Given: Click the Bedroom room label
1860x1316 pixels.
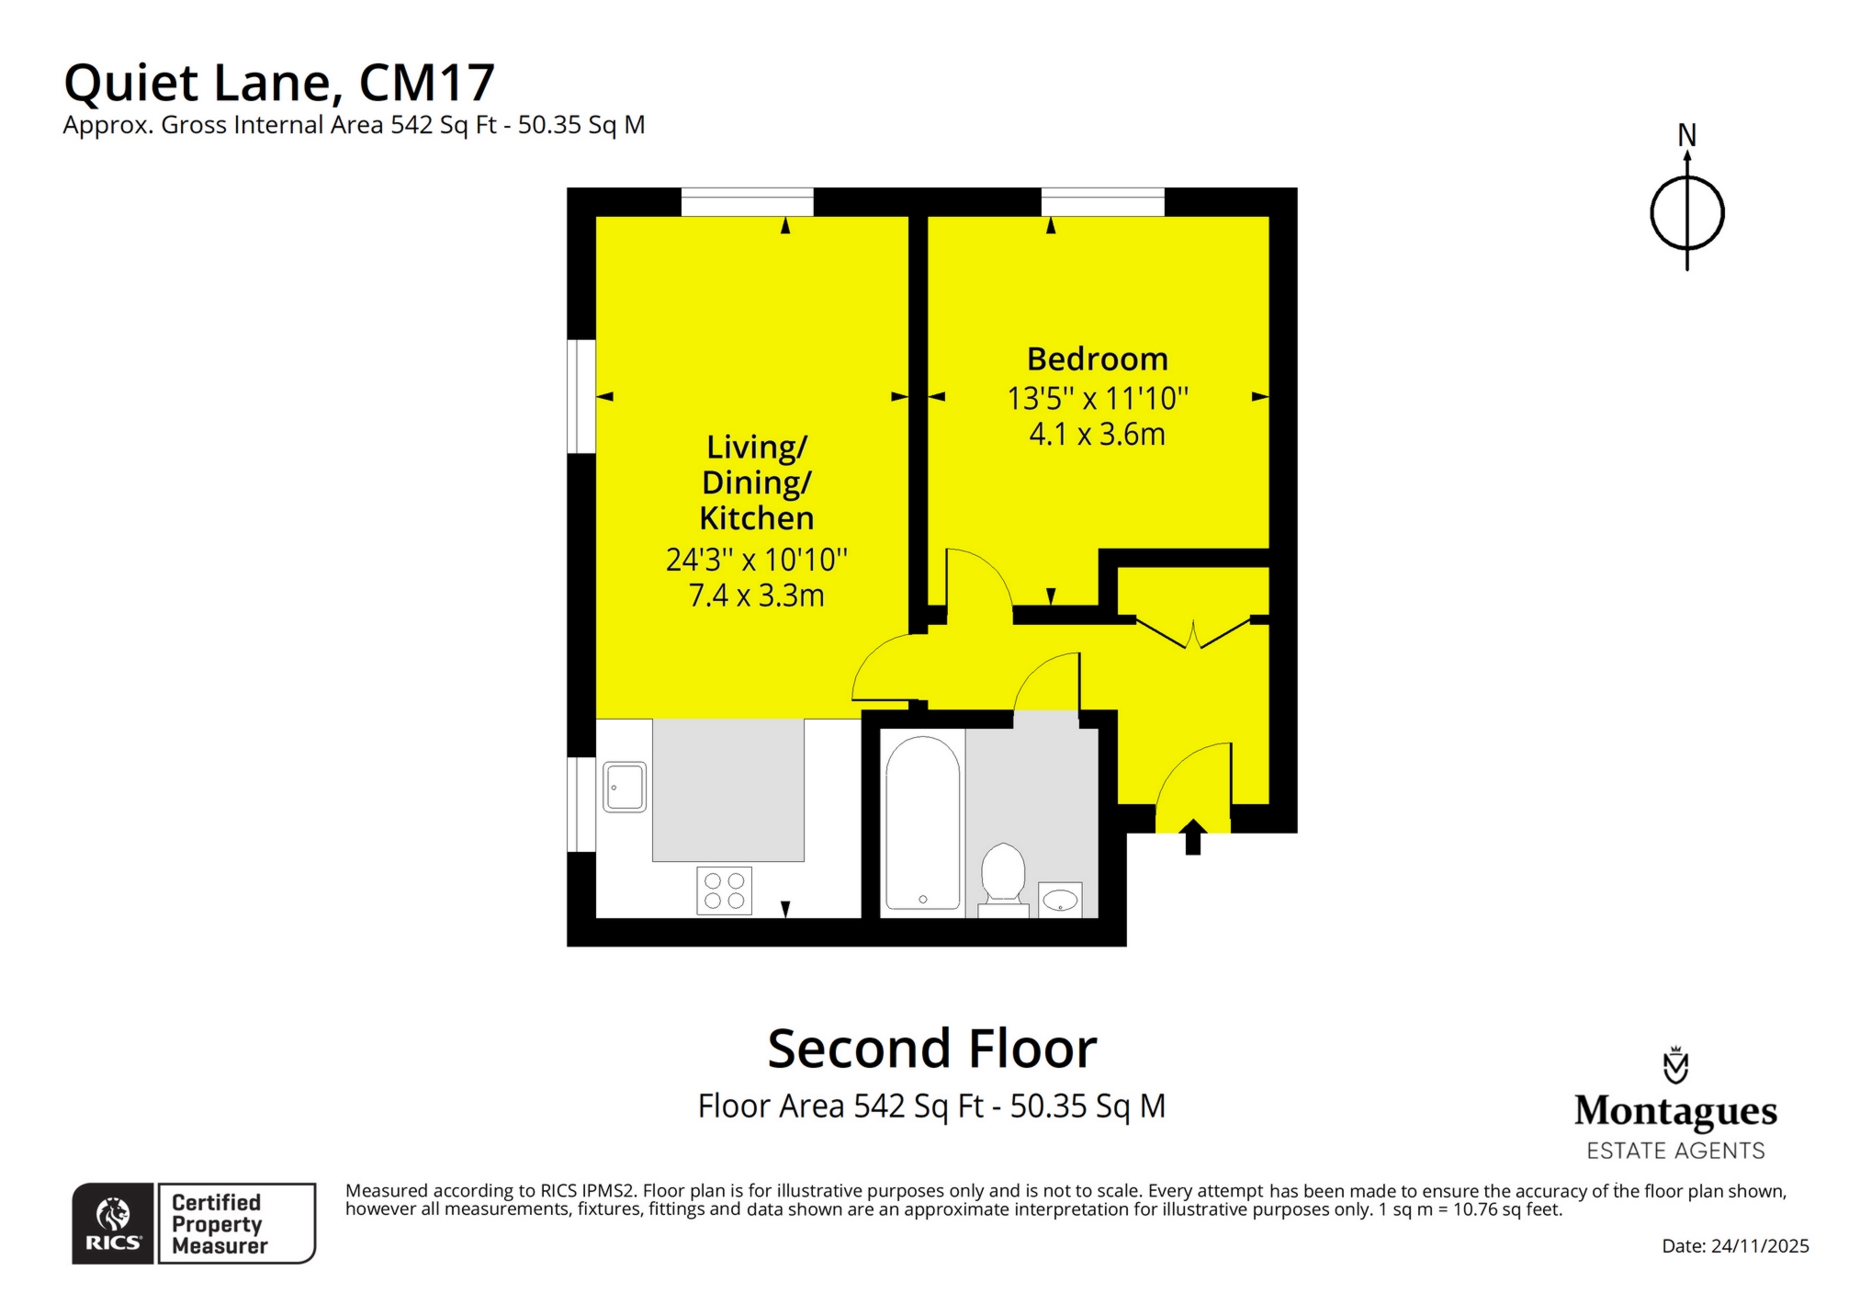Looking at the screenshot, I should tap(1097, 359).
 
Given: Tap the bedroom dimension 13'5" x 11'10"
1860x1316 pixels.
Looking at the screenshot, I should tap(1097, 399).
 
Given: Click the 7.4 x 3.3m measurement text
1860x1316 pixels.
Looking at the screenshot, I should tap(756, 596).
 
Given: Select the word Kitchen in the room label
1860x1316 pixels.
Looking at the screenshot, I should tap(756, 518).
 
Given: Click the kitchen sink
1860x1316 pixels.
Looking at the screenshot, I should tap(625, 788).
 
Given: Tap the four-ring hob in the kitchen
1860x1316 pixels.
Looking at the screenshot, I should tap(724, 890).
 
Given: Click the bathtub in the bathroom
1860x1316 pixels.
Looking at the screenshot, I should tap(922, 822).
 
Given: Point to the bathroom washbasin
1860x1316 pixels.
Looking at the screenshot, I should tap(1060, 899).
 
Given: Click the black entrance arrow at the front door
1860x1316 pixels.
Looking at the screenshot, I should tap(1192, 837).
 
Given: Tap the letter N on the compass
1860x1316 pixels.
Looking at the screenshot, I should tap(1686, 136).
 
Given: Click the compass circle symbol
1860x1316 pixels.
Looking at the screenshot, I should tap(1686, 213).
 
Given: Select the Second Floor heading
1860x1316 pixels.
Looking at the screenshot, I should tap(931, 1049).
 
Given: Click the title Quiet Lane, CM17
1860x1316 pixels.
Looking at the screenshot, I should tap(279, 83).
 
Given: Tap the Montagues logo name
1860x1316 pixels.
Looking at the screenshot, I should tap(1674, 1111).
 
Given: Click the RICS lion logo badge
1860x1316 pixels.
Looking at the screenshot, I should tap(113, 1223).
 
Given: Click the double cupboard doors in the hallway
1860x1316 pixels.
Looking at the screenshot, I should tap(1193, 633).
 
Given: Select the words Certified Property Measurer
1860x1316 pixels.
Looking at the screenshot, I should tap(219, 1224).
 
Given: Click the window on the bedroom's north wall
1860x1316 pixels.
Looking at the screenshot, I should tap(1102, 201).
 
